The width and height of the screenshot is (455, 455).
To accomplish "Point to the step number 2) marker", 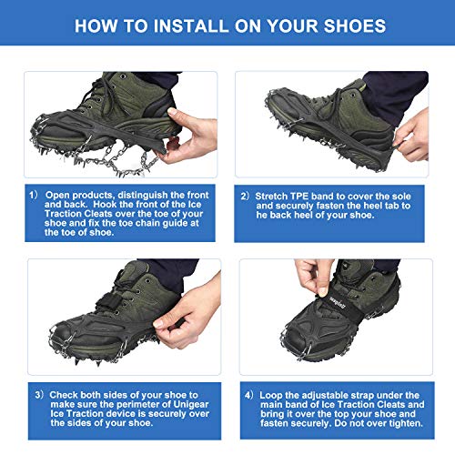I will point(246,196).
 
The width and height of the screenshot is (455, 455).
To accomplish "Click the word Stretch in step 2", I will point(269,196).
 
